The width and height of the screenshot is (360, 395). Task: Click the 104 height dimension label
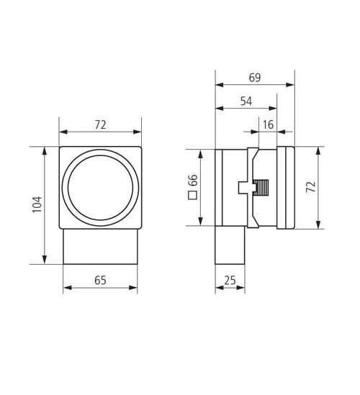pyautogui.click(x=37, y=204)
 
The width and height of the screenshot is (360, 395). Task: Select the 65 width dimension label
pyautogui.click(x=100, y=281)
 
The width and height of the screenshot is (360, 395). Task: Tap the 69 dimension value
pyautogui.click(x=255, y=78)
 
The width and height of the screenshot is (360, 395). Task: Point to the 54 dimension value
pyautogui.click(x=246, y=101)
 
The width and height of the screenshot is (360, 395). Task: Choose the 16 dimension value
pyautogui.click(x=268, y=124)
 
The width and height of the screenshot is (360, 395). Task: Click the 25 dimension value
pyautogui.click(x=230, y=281)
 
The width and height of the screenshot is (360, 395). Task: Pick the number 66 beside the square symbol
pyautogui.click(x=193, y=180)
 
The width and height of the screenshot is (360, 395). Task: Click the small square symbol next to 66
pyautogui.click(x=193, y=196)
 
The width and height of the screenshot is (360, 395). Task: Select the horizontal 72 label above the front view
pyautogui.click(x=100, y=124)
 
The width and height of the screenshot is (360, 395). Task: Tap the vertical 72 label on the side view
pyautogui.click(x=311, y=186)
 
